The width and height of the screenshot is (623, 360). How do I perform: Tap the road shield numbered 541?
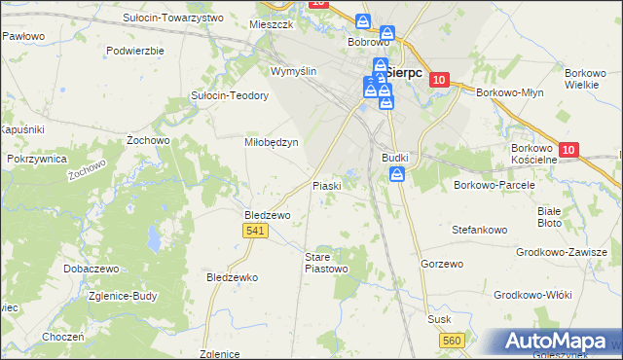point(254,230)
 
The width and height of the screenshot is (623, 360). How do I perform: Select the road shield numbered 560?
point(451,340)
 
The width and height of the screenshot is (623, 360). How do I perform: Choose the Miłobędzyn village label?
point(270,141)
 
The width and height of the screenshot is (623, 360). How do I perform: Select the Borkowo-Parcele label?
point(490,183)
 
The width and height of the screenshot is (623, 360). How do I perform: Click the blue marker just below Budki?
point(397,174)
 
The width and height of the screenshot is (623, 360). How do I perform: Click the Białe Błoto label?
point(549,216)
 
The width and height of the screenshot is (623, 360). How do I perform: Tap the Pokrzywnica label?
point(36,158)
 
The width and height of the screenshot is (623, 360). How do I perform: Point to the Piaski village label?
point(325,185)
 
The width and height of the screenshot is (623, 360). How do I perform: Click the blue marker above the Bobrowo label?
point(363,21)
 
